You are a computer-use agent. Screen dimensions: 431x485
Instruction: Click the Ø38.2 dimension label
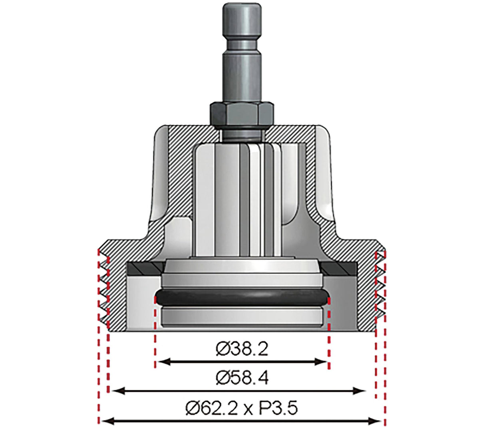[x=242, y=350]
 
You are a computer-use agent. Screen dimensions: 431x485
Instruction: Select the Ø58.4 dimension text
[x=242, y=378]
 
